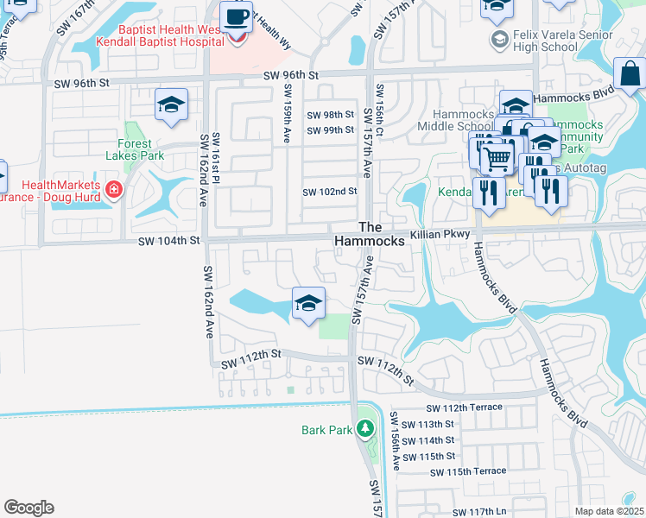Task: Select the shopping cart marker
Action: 496,157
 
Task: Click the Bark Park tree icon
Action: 365,429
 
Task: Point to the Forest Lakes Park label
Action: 135,150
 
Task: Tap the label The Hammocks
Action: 381,234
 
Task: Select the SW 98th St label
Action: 331,115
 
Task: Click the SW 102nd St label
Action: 329,192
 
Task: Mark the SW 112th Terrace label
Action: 466,408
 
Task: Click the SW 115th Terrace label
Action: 466,471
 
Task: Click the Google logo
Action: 28,508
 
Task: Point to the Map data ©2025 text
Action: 608,511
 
